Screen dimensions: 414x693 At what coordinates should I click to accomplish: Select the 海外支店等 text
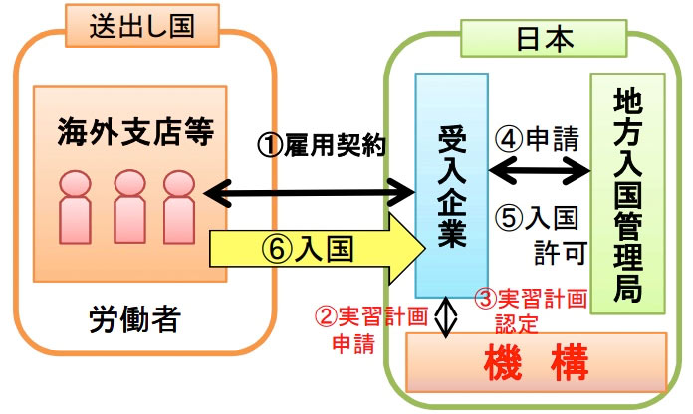pos(136,133)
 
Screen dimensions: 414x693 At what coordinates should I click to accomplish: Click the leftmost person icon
pos(77,200)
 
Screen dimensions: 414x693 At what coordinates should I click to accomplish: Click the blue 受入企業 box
pos(446,183)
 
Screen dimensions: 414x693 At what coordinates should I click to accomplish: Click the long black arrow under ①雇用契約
pos(308,187)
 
